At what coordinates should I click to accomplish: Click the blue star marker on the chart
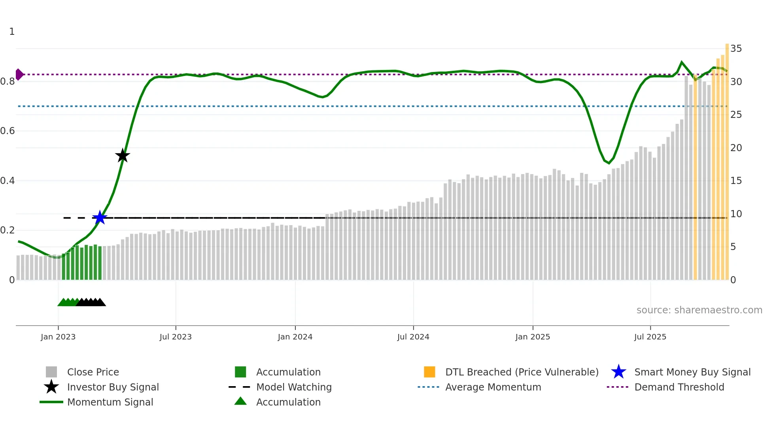[x=100, y=218]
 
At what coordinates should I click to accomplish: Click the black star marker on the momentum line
[x=123, y=155]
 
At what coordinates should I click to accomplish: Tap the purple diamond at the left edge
[x=19, y=74]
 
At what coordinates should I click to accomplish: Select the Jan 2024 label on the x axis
[x=295, y=337]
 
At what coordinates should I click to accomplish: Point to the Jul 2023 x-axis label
[x=176, y=337]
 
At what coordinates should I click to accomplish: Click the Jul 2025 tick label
[x=650, y=337]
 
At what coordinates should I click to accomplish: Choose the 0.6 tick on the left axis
[x=8, y=131]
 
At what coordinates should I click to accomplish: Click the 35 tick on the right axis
[x=736, y=49]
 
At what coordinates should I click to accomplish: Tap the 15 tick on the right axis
[x=736, y=181]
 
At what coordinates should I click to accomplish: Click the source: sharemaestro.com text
[x=699, y=310]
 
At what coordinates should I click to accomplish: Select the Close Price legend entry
[x=93, y=372]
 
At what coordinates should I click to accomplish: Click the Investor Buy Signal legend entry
[x=113, y=387]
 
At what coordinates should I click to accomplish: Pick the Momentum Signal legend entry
[x=110, y=402]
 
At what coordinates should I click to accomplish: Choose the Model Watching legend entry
[x=294, y=387]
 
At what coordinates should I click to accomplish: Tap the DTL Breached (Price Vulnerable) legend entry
[x=522, y=372]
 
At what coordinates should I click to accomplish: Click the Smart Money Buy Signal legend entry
[x=692, y=372]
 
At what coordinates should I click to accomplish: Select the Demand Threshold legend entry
[x=679, y=387]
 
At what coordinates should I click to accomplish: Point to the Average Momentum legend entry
[x=493, y=387]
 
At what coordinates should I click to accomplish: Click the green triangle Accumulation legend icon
[x=240, y=401]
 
